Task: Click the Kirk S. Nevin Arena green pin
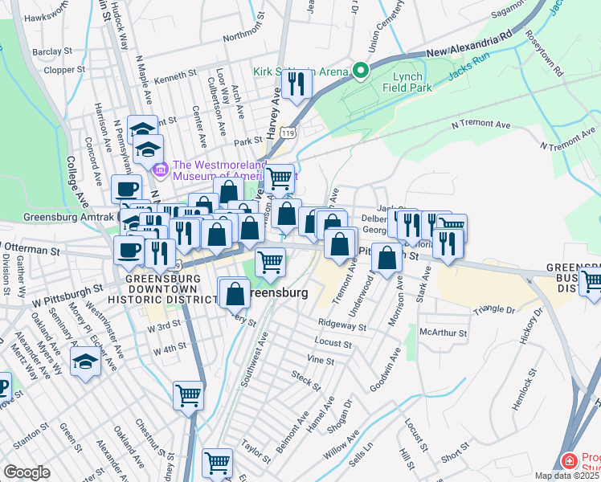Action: click(361, 71)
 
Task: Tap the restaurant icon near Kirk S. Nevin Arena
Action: click(299, 84)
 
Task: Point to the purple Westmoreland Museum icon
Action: click(160, 169)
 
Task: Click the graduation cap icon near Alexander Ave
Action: click(86, 362)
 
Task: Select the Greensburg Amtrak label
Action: click(71, 217)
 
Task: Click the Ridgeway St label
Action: click(341, 327)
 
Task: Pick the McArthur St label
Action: click(444, 330)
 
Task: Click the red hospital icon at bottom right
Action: click(569, 461)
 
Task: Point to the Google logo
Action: click(27, 472)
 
